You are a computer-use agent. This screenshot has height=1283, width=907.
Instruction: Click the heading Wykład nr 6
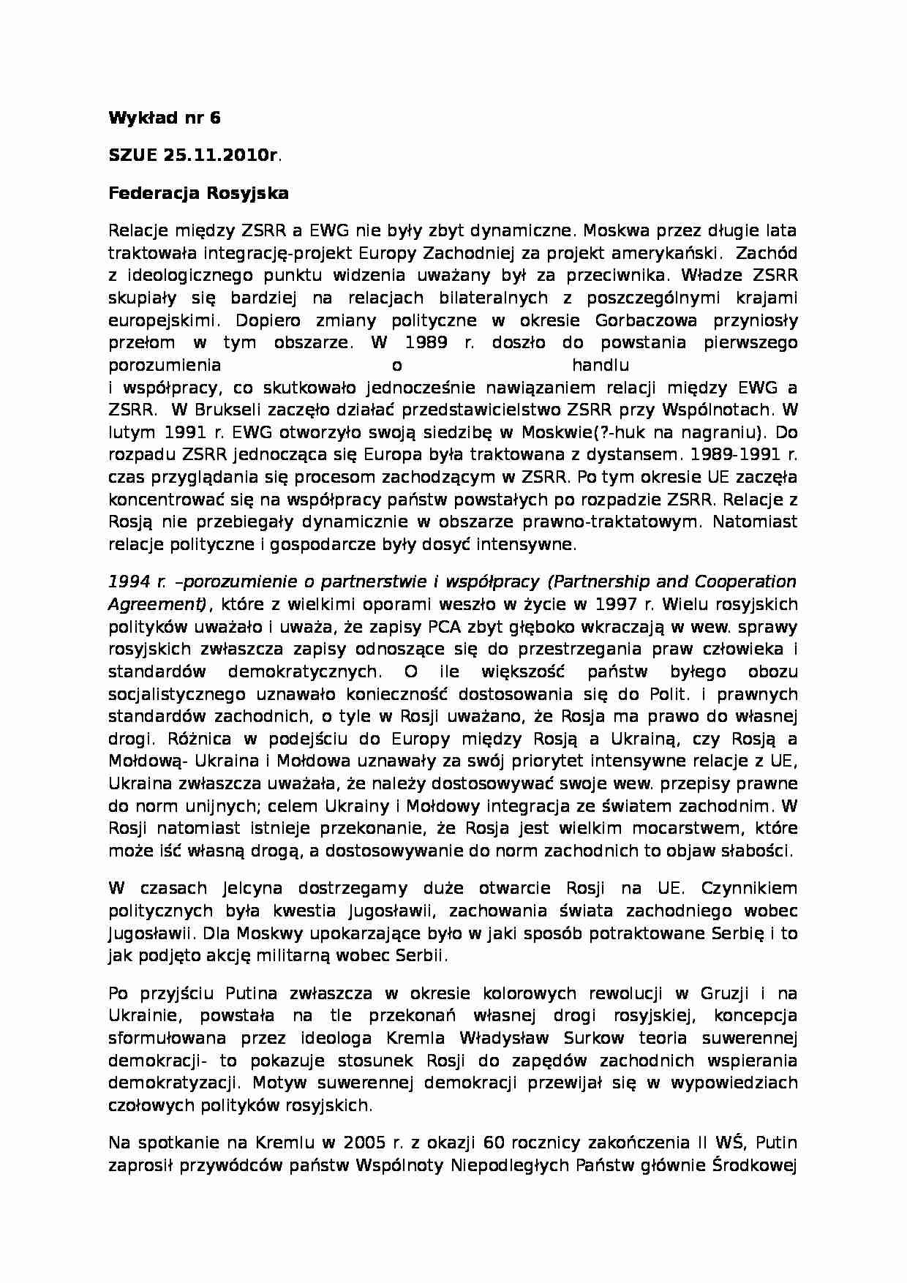[x=164, y=118]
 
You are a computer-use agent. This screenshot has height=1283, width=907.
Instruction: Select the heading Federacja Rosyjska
[x=198, y=193]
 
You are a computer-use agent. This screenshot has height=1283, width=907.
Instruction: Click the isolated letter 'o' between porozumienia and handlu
[x=397, y=365]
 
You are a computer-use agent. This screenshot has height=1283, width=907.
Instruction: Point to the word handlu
[x=601, y=365]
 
